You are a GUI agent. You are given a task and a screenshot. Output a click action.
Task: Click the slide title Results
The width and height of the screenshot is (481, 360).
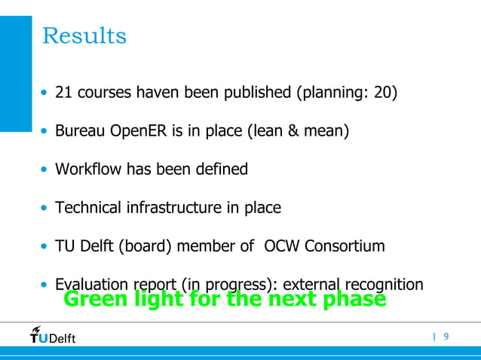coord(84,35)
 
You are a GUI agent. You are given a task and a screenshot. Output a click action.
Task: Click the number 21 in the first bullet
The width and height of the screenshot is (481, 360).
coord(63,93)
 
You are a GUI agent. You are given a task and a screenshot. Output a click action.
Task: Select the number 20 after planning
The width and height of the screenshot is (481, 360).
coord(381,93)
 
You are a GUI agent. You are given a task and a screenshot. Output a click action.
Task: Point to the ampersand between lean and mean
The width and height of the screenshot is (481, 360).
coord(290,132)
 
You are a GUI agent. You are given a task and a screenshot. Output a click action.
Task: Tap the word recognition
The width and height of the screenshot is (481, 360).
coord(384,285)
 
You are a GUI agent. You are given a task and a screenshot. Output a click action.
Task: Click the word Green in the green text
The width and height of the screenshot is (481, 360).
coord(93,300)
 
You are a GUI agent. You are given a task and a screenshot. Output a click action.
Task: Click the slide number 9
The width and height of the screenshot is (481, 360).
coord(446,336)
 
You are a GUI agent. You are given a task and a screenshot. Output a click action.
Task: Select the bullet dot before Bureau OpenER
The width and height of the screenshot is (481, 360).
coord(44,133)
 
